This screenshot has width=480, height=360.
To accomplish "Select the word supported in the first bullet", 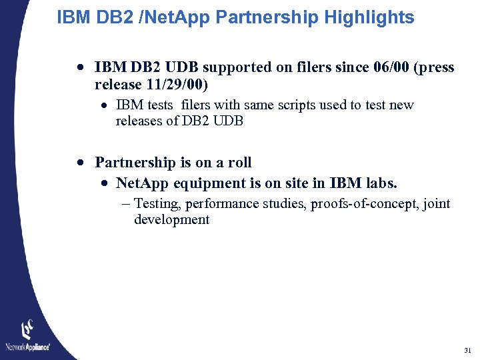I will coord(233,67).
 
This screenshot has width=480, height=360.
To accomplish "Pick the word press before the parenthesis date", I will coord(434,67).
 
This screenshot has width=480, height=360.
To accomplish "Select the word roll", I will coord(239,163).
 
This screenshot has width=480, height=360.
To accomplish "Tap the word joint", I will coord(437,204).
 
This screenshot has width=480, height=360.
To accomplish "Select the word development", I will coord(171,220).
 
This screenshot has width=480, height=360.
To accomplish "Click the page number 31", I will coord(467,350).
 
